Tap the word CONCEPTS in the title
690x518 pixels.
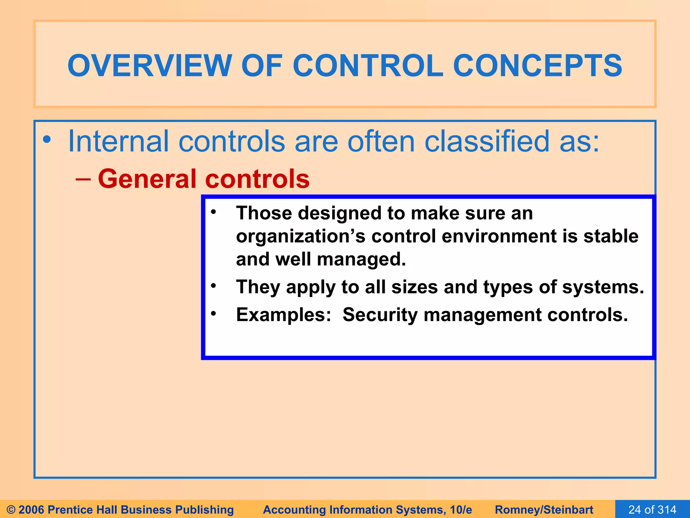click(x=537, y=65)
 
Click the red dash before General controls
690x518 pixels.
click(x=83, y=179)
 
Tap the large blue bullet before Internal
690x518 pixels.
click(x=47, y=139)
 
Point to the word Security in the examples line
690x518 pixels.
click(x=380, y=315)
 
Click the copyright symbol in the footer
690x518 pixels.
click(x=11, y=510)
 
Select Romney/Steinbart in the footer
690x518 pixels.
click(x=544, y=510)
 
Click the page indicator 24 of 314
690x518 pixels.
click(x=652, y=510)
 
